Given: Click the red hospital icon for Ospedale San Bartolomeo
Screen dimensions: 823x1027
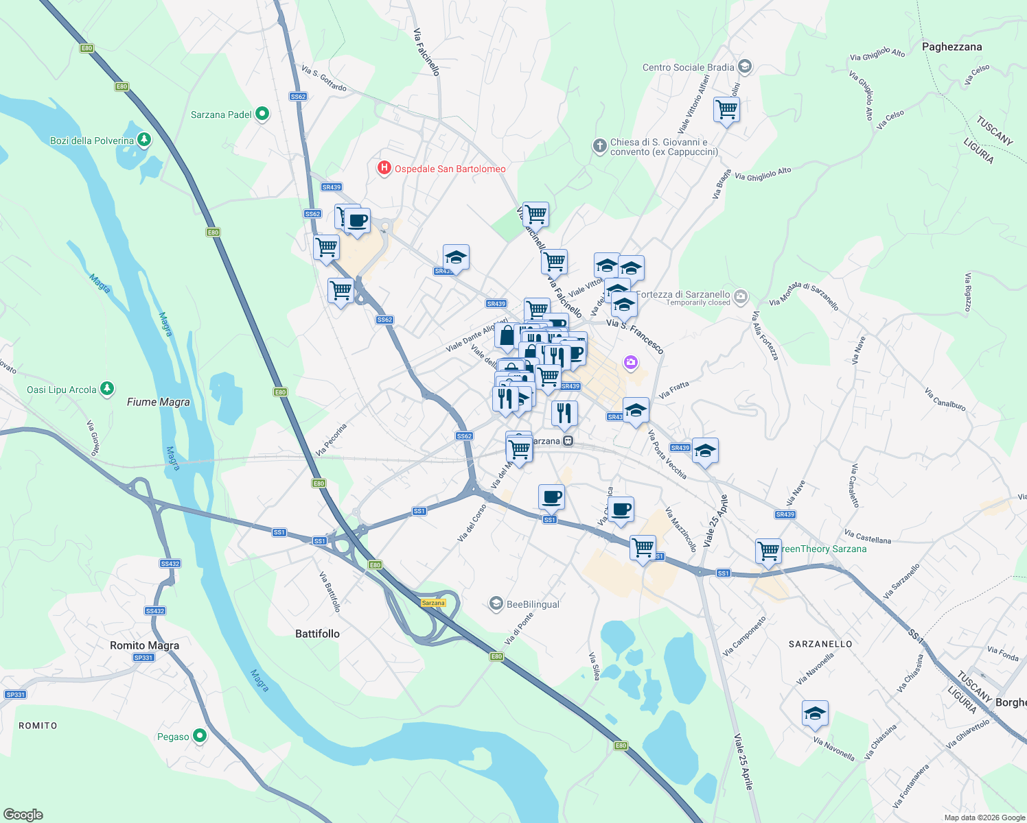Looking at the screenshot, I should click(x=384, y=168).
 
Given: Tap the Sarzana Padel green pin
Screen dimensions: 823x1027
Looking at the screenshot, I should click(x=262, y=114).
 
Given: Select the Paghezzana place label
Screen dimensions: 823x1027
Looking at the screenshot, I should click(x=951, y=47).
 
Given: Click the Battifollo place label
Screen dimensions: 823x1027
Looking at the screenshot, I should click(x=317, y=634).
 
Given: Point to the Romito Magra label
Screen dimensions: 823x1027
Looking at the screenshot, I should click(x=144, y=645).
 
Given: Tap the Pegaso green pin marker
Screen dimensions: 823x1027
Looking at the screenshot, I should click(x=200, y=736).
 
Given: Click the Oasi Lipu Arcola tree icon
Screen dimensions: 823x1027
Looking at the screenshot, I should click(x=107, y=389).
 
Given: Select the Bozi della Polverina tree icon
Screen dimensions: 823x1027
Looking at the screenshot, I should click(x=143, y=140).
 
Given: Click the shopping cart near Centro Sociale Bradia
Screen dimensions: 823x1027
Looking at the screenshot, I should click(x=726, y=108).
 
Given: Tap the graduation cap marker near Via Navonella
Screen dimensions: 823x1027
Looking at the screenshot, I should click(x=815, y=713).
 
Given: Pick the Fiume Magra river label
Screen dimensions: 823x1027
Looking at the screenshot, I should click(x=158, y=402).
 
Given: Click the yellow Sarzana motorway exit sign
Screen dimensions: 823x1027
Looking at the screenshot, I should click(x=433, y=603).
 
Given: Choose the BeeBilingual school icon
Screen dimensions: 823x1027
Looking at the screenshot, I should click(x=496, y=604).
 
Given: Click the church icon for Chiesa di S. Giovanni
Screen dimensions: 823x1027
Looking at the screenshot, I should click(x=600, y=145).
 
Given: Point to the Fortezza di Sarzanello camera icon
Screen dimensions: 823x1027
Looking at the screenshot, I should click(x=740, y=296).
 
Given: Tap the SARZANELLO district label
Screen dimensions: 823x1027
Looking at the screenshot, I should click(x=820, y=644).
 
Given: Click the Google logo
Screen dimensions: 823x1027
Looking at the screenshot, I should click(x=23, y=814).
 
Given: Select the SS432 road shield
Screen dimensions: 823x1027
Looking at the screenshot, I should click(x=170, y=564).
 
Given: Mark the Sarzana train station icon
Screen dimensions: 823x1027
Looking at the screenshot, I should click(x=568, y=441).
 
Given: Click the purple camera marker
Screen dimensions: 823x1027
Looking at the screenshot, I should click(x=631, y=362).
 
